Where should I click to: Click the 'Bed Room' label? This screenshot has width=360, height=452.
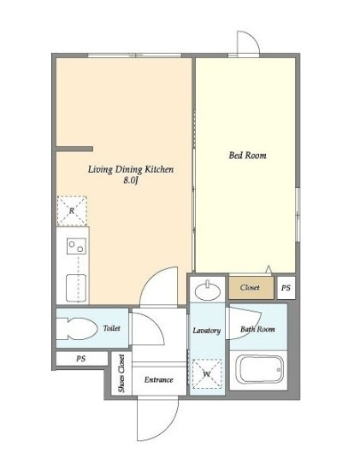tap(247, 156)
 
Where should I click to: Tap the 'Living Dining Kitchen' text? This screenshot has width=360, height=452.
tap(131, 169)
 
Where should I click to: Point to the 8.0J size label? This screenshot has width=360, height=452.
tap(131, 181)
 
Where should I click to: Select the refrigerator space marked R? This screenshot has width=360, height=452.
tap(72, 210)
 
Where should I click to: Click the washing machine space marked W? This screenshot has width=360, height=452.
tap(207, 374)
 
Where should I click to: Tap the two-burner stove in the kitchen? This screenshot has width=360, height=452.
tap(76, 246)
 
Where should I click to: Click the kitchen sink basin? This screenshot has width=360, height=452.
tap(76, 288)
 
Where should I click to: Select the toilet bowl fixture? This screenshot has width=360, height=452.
tap(77, 329)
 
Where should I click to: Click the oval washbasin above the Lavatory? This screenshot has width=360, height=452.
tap(208, 290)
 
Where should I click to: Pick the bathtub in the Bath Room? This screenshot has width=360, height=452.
tap(260, 370)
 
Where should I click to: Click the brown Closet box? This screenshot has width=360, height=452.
tap(251, 288)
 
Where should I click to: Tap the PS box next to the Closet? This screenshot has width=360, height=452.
tap(286, 288)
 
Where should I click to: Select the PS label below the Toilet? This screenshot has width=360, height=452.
tap(81, 359)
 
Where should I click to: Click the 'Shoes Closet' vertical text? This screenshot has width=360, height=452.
tap(121, 373)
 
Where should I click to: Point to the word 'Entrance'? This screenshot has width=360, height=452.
tap(159, 379)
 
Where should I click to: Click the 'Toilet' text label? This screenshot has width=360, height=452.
tap(112, 328)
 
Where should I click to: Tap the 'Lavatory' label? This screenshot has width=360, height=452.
tap(207, 331)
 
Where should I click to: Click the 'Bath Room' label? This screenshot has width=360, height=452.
tap(257, 329)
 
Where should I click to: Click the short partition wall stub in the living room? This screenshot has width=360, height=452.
tap(74, 149)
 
